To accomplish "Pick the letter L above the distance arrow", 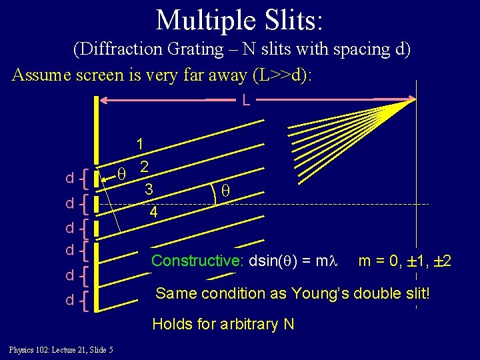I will click(247, 101).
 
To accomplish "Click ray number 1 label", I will click(140, 143).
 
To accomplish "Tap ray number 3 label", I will click(149, 189).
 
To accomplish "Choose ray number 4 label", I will click(153, 213).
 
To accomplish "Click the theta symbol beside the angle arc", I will click(225, 190).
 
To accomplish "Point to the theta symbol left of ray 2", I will click(121, 173).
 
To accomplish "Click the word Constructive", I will click(197, 261).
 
